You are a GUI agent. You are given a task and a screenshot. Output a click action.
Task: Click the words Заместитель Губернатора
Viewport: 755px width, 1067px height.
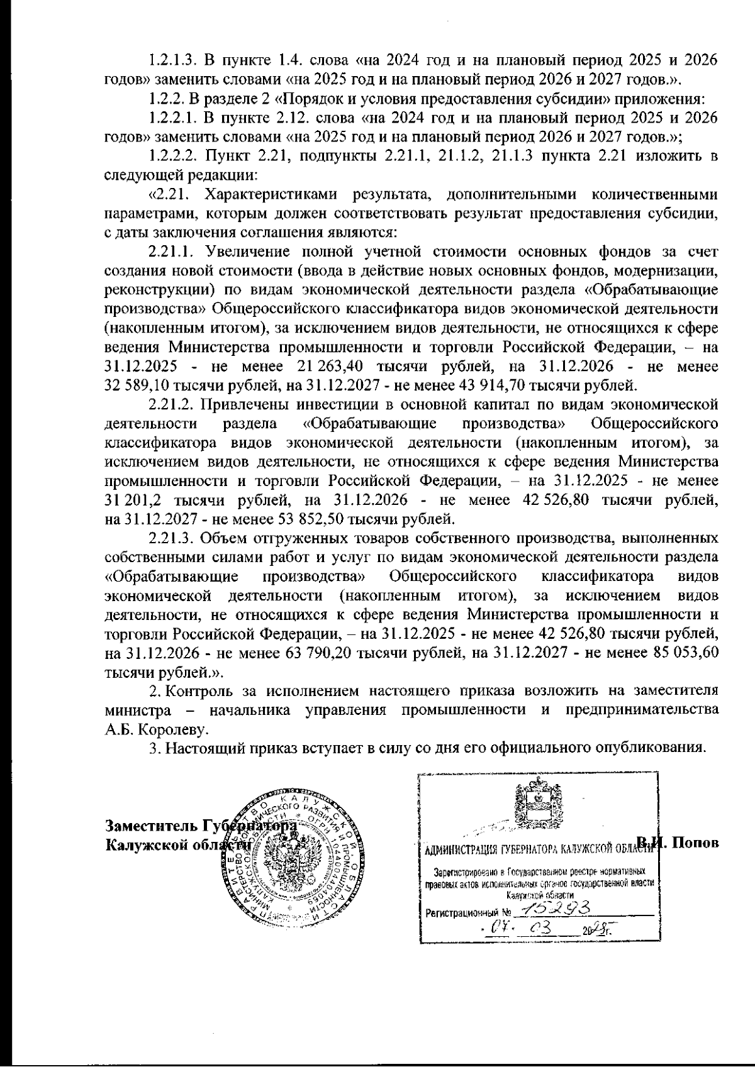pos(201,825)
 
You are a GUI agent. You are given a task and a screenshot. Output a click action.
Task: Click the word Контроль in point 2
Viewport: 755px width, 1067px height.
pos(201,691)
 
